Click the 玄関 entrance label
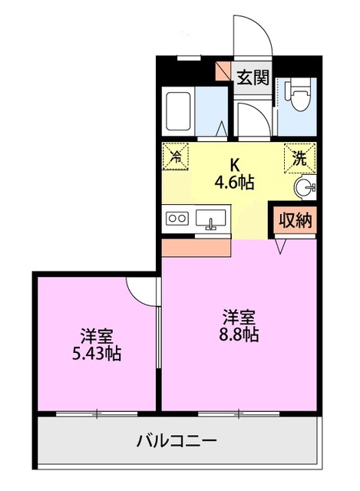point(252,77)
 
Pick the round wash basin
point(305,187)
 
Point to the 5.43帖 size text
point(98,354)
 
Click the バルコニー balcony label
point(177,441)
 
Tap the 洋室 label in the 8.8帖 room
point(239,316)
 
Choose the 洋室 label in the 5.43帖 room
point(97,335)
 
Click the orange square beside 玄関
point(223,71)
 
